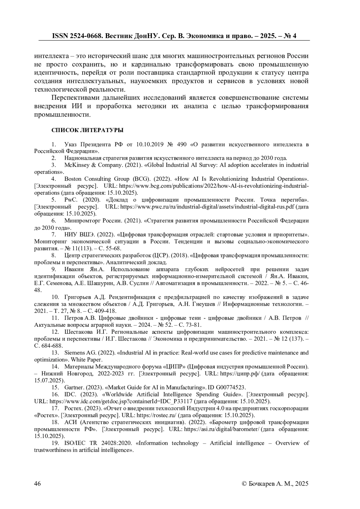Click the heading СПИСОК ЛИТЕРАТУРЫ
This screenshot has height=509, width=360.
(87, 130)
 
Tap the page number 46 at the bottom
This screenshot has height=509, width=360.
(37, 484)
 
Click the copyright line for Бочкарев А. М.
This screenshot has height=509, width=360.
(275, 484)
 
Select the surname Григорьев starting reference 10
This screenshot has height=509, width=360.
(78, 297)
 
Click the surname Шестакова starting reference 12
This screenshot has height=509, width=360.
(79, 332)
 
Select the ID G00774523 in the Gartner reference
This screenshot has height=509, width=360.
(232, 387)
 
